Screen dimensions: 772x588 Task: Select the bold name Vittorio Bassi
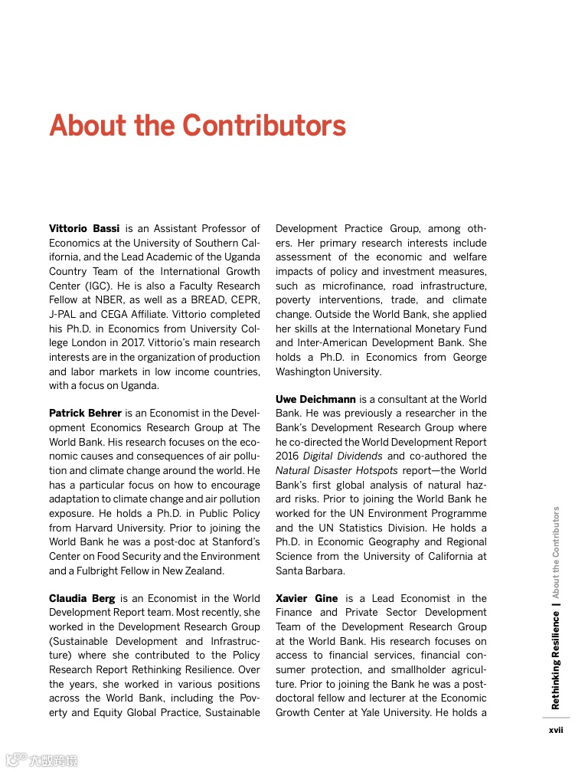pos(84,228)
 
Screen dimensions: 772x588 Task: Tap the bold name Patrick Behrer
pos(85,414)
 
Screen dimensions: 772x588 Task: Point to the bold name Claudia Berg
pos(82,598)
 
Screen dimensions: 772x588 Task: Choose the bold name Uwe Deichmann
pos(315,399)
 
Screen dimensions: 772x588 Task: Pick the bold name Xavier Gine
pos(306,598)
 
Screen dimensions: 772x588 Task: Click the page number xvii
pos(556,730)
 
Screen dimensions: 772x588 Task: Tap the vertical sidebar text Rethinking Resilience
pos(556,659)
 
